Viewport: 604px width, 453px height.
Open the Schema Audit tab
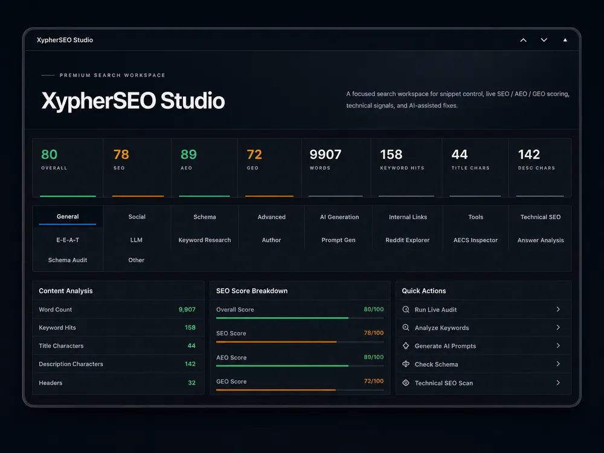(x=68, y=260)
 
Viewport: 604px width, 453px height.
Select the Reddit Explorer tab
(x=407, y=240)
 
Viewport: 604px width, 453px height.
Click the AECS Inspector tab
(x=475, y=240)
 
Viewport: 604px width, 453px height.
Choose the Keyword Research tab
(x=205, y=240)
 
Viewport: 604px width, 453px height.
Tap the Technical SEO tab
(x=541, y=217)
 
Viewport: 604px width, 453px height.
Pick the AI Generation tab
(x=339, y=217)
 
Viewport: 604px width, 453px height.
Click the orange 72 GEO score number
(x=254, y=155)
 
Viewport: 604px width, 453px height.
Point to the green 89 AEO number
(x=188, y=155)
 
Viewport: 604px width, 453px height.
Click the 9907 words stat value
(x=326, y=155)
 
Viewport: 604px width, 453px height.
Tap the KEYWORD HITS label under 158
(x=402, y=168)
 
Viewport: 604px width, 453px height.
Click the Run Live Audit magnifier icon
(x=406, y=309)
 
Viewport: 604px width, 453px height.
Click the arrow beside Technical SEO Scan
(x=558, y=382)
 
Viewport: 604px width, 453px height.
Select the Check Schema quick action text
(x=437, y=364)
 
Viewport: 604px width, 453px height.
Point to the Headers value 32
(x=191, y=382)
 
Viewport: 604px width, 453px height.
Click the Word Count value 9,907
(x=187, y=309)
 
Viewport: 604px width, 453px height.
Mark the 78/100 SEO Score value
(x=374, y=333)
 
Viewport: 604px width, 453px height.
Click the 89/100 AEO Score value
(x=374, y=357)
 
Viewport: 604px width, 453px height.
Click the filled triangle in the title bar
(x=565, y=40)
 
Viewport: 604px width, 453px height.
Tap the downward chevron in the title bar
(x=544, y=40)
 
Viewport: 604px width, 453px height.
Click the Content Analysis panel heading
(x=65, y=291)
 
